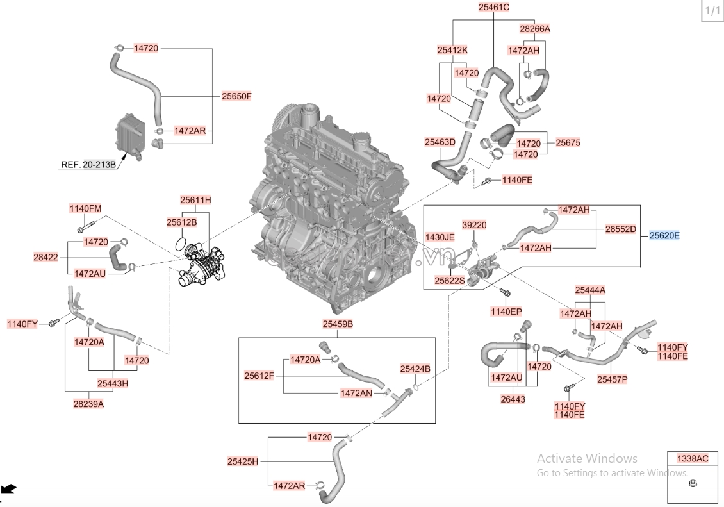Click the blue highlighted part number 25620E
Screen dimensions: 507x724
coord(664,235)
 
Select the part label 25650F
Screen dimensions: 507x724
coord(236,96)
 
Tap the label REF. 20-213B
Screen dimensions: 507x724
coord(88,165)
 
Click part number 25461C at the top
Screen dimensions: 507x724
coord(493,8)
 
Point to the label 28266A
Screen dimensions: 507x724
coord(534,29)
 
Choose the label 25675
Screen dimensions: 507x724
coord(568,143)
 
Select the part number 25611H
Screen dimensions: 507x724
coord(195,200)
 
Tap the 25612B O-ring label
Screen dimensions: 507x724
coord(181,222)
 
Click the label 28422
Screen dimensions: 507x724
coord(46,257)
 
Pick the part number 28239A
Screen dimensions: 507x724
coord(88,404)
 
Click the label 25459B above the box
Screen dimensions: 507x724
coord(338,324)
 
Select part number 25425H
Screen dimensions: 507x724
coord(242,461)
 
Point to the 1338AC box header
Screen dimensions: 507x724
coord(693,458)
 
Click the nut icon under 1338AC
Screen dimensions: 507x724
coord(692,483)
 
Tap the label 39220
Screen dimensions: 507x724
coord(474,225)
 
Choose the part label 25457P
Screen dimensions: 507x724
coord(612,379)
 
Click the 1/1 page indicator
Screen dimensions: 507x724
coord(712,11)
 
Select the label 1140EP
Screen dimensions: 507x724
coord(506,312)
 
